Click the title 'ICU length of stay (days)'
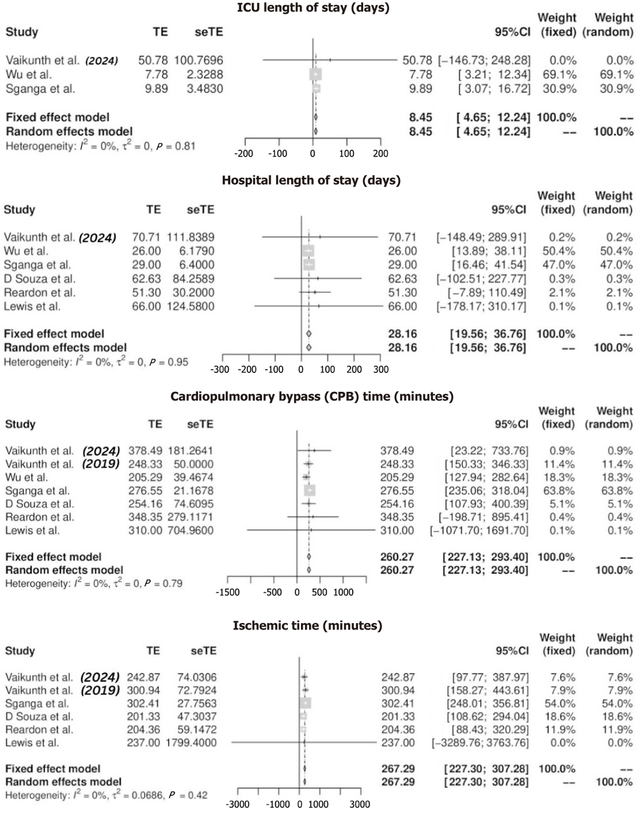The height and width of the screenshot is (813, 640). click(x=313, y=8)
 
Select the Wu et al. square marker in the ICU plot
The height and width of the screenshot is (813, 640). click(x=315, y=74)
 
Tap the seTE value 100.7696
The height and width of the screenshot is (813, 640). click(x=198, y=60)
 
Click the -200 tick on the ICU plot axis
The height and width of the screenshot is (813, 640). click(x=244, y=153)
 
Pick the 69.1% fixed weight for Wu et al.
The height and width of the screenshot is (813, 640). click(x=559, y=74)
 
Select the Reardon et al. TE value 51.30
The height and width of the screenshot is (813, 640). click(x=146, y=293)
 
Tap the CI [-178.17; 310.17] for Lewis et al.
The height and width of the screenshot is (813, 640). click(x=481, y=306)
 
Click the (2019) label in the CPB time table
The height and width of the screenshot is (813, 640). click(x=101, y=464)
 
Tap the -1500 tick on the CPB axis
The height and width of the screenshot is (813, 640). click(x=227, y=592)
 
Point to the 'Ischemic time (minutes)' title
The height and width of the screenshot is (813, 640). click(x=307, y=625)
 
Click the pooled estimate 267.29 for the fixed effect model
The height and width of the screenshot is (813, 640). click(x=398, y=769)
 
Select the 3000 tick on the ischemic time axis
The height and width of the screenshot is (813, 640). click(x=360, y=804)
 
